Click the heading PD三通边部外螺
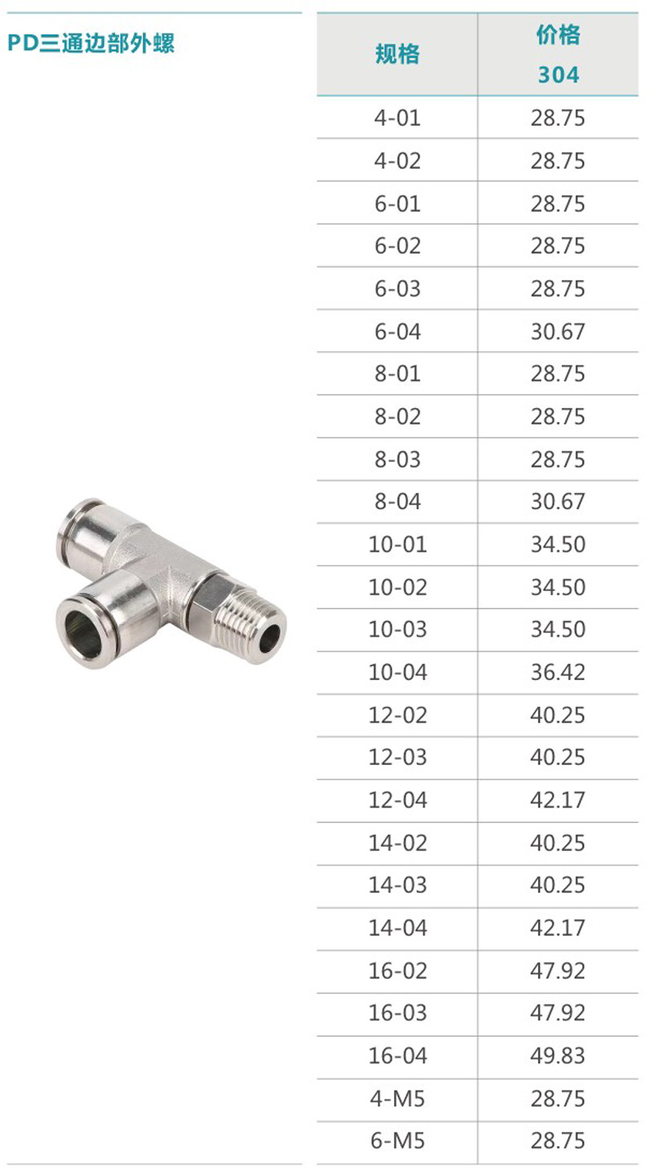(91, 43)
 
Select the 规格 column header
(398, 54)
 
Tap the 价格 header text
(558, 34)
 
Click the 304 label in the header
(558, 74)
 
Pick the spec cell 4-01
(398, 118)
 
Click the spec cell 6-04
(398, 331)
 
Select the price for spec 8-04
(558, 501)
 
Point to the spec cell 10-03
(398, 629)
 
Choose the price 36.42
(558, 672)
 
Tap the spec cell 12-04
(398, 800)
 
